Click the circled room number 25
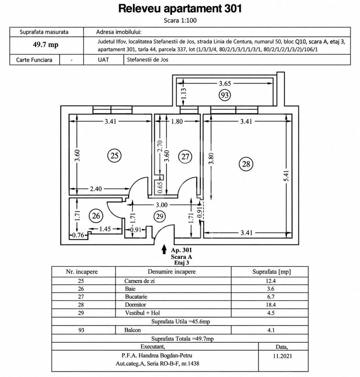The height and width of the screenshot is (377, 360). click(x=114, y=156)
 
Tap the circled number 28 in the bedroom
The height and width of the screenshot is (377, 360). click(x=246, y=164)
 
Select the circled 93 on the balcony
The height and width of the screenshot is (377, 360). click(x=225, y=95)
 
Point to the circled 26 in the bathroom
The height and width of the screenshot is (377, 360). click(x=96, y=216)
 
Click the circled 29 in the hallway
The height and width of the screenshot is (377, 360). click(x=160, y=216)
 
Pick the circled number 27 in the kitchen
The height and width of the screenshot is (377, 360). click(x=185, y=157)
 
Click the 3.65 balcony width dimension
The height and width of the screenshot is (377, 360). click(x=225, y=83)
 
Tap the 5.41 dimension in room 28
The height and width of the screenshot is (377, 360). click(x=286, y=176)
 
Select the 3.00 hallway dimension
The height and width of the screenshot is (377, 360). click(x=161, y=205)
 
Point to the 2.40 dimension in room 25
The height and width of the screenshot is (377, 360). click(x=96, y=189)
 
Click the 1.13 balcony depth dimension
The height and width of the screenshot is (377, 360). click(x=183, y=93)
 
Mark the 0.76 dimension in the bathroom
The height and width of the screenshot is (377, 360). click(x=78, y=235)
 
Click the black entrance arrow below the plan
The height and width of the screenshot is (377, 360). click(x=164, y=249)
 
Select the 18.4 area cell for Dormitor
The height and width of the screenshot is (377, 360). click(x=271, y=305)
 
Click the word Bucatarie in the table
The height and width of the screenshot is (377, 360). click(x=136, y=297)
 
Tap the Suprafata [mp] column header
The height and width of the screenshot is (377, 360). click(x=271, y=272)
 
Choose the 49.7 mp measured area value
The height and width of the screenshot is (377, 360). click(x=46, y=45)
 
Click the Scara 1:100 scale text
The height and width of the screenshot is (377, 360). click(x=180, y=21)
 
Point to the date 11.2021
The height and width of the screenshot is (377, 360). click(x=282, y=356)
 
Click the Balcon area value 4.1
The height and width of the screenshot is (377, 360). click(x=271, y=330)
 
